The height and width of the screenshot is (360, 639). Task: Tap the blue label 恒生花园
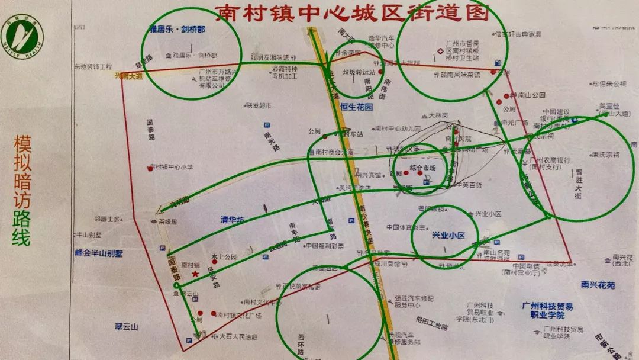(357, 107)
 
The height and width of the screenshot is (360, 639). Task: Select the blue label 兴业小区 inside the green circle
(448, 235)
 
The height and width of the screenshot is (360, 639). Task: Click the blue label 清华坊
(233, 220)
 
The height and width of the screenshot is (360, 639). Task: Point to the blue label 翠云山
(126, 326)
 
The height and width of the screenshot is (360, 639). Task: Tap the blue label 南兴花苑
(598, 285)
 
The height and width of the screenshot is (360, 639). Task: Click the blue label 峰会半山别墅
(98, 253)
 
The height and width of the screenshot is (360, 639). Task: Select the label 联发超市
(259, 105)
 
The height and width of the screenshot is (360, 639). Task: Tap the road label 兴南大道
(128, 76)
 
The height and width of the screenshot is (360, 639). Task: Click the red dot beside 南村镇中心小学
(150, 169)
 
